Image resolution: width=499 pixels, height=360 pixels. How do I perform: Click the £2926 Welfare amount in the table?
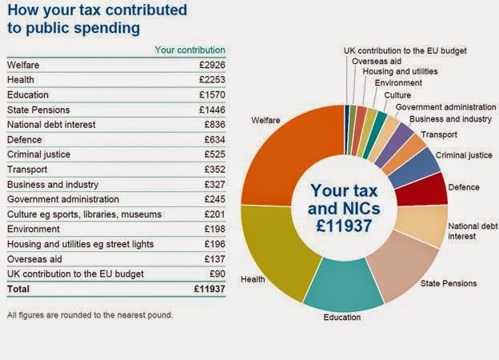[212, 64]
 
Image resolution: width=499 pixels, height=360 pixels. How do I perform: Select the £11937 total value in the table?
[210, 289]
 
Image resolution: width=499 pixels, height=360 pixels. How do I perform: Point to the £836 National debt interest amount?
[214, 124]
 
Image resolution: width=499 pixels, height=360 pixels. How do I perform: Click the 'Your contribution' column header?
[190, 50]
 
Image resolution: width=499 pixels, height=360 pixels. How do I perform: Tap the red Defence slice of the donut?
[431, 189]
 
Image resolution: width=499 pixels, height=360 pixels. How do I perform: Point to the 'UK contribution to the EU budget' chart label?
[405, 50]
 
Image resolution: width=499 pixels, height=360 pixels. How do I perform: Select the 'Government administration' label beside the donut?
[445, 107]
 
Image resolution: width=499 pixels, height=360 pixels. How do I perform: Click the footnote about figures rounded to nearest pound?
[90, 314]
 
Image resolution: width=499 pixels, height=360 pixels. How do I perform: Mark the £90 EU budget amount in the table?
[217, 274]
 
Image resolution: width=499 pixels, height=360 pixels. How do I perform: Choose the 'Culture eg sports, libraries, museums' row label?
[84, 214]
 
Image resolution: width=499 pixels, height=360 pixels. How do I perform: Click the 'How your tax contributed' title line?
[97, 11]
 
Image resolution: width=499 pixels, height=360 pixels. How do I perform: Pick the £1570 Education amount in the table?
[212, 94]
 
